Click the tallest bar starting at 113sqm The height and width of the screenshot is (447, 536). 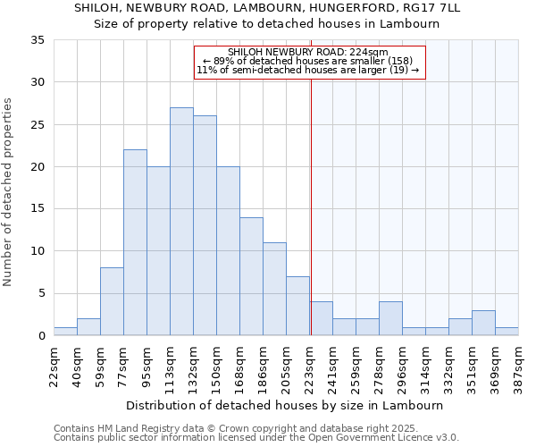181,222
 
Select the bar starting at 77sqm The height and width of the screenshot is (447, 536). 135,242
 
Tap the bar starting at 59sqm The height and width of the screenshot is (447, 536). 112,301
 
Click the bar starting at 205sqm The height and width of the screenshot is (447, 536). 297,306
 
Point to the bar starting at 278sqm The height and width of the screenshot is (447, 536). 390,318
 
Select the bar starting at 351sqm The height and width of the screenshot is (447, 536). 483,323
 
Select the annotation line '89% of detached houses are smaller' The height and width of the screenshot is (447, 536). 308,61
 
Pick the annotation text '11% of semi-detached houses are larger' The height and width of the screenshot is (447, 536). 308,70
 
